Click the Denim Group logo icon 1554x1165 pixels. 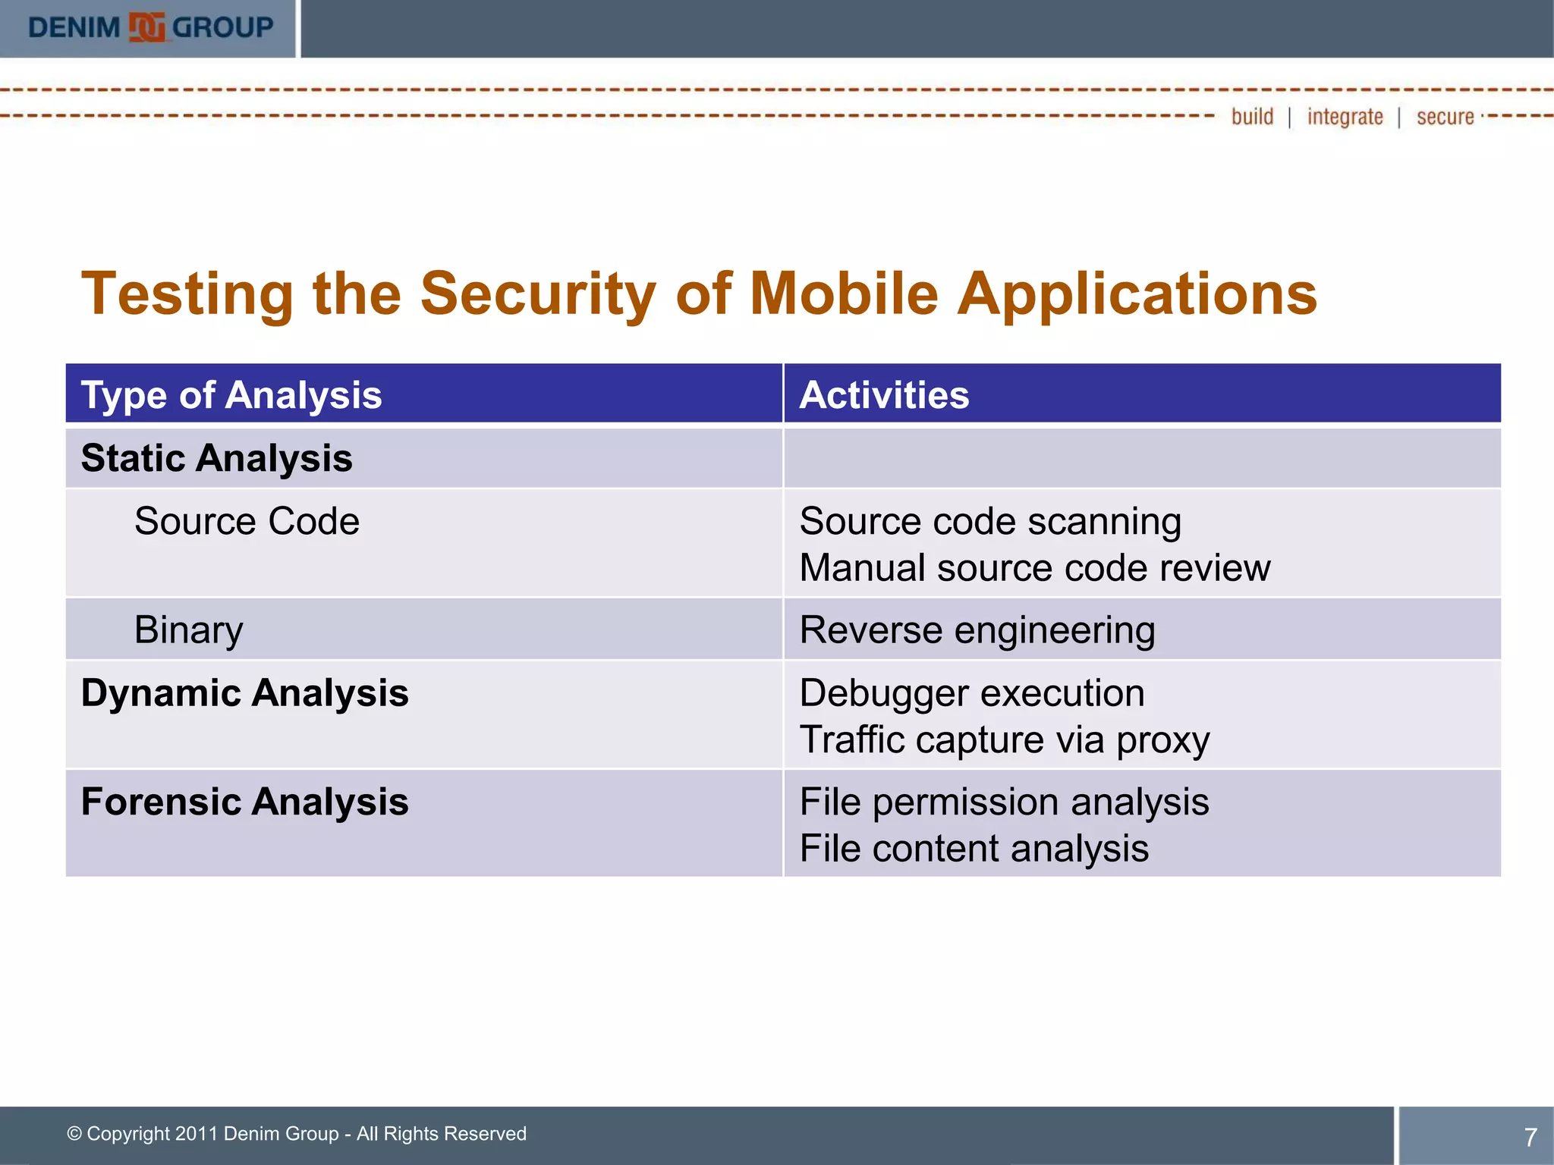146,28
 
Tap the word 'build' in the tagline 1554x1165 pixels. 1252,117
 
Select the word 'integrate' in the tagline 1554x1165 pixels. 1345,117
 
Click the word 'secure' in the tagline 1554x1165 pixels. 1445,117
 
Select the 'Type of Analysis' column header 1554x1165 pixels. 231,395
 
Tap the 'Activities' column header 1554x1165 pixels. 884,395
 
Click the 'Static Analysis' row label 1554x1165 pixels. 216,458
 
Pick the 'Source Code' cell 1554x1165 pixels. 247,522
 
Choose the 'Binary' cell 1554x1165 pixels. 188,630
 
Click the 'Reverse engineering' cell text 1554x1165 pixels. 977,630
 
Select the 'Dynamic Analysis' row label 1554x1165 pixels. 244,693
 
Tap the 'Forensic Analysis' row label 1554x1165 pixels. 244,802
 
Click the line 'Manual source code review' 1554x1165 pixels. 1034,568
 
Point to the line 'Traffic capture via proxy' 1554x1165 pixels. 1004,740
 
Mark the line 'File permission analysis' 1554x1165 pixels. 1004,802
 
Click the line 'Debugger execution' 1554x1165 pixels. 971,693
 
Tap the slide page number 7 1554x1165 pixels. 1530,1137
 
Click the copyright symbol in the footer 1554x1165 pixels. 74,1134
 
